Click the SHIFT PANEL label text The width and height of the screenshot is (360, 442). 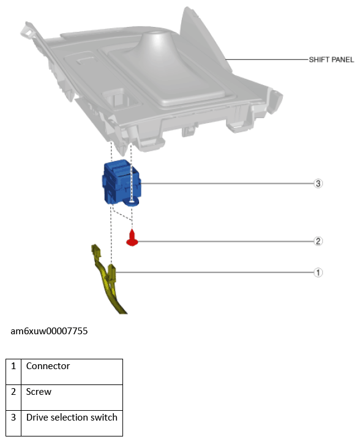pos(331,60)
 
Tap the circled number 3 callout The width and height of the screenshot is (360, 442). pos(318,184)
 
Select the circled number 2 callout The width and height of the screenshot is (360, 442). pos(318,241)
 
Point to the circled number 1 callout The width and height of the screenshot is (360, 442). pos(318,272)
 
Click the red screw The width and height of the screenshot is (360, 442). pos(132,238)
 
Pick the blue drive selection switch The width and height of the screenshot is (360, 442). pos(121,182)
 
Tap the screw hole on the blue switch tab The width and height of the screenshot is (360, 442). pos(131,201)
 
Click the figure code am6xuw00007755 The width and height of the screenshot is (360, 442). pos(49,331)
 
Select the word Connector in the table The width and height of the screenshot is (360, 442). pos(48,366)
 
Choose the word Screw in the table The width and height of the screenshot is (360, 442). pos(39,392)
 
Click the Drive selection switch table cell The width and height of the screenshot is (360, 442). pos(72,423)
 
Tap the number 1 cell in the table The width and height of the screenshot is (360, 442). pos(13,372)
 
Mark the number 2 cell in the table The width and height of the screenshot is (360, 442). pos(13,397)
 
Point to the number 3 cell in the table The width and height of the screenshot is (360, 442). pos(13,423)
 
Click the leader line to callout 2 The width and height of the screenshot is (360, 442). pos(226,241)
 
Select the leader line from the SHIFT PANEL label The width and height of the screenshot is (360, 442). pos(268,59)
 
